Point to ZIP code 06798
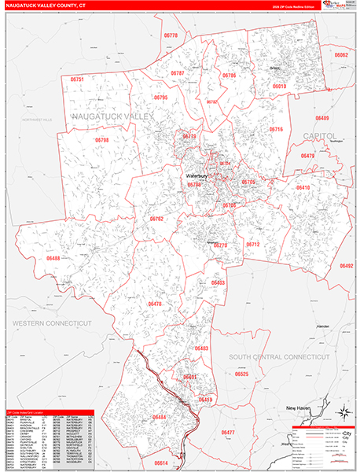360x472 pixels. click(x=101, y=140)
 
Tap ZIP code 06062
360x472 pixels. click(x=341, y=56)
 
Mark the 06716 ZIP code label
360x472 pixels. click(x=275, y=129)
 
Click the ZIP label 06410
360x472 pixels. click(x=303, y=188)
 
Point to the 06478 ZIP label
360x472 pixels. click(x=155, y=304)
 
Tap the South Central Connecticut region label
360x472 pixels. click(x=280, y=357)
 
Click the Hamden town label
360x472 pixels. click(x=318, y=326)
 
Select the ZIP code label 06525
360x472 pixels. click(x=241, y=374)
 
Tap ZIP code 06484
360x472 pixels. click(x=160, y=416)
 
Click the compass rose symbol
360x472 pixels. click(x=343, y=414)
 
